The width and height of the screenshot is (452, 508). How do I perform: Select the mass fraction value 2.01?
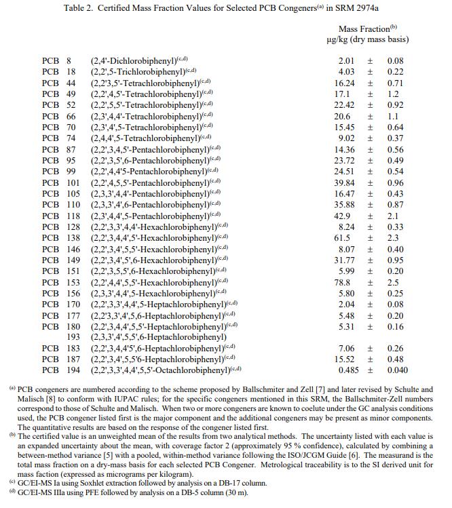[x=346, y=60]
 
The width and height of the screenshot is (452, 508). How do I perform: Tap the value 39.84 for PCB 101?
[x=346, y=182]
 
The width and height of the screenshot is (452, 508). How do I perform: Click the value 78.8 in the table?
[x=346, y=282]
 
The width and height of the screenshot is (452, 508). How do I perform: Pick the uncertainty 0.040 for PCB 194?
[x=397, y=370]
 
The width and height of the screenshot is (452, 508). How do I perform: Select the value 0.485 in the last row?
[x=349, y=370]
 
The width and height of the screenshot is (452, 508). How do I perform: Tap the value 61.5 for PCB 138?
[x=346, y=238]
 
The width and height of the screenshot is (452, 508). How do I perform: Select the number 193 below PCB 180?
[x=73, y=337]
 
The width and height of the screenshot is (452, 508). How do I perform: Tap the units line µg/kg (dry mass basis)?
[x=367, y=39]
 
